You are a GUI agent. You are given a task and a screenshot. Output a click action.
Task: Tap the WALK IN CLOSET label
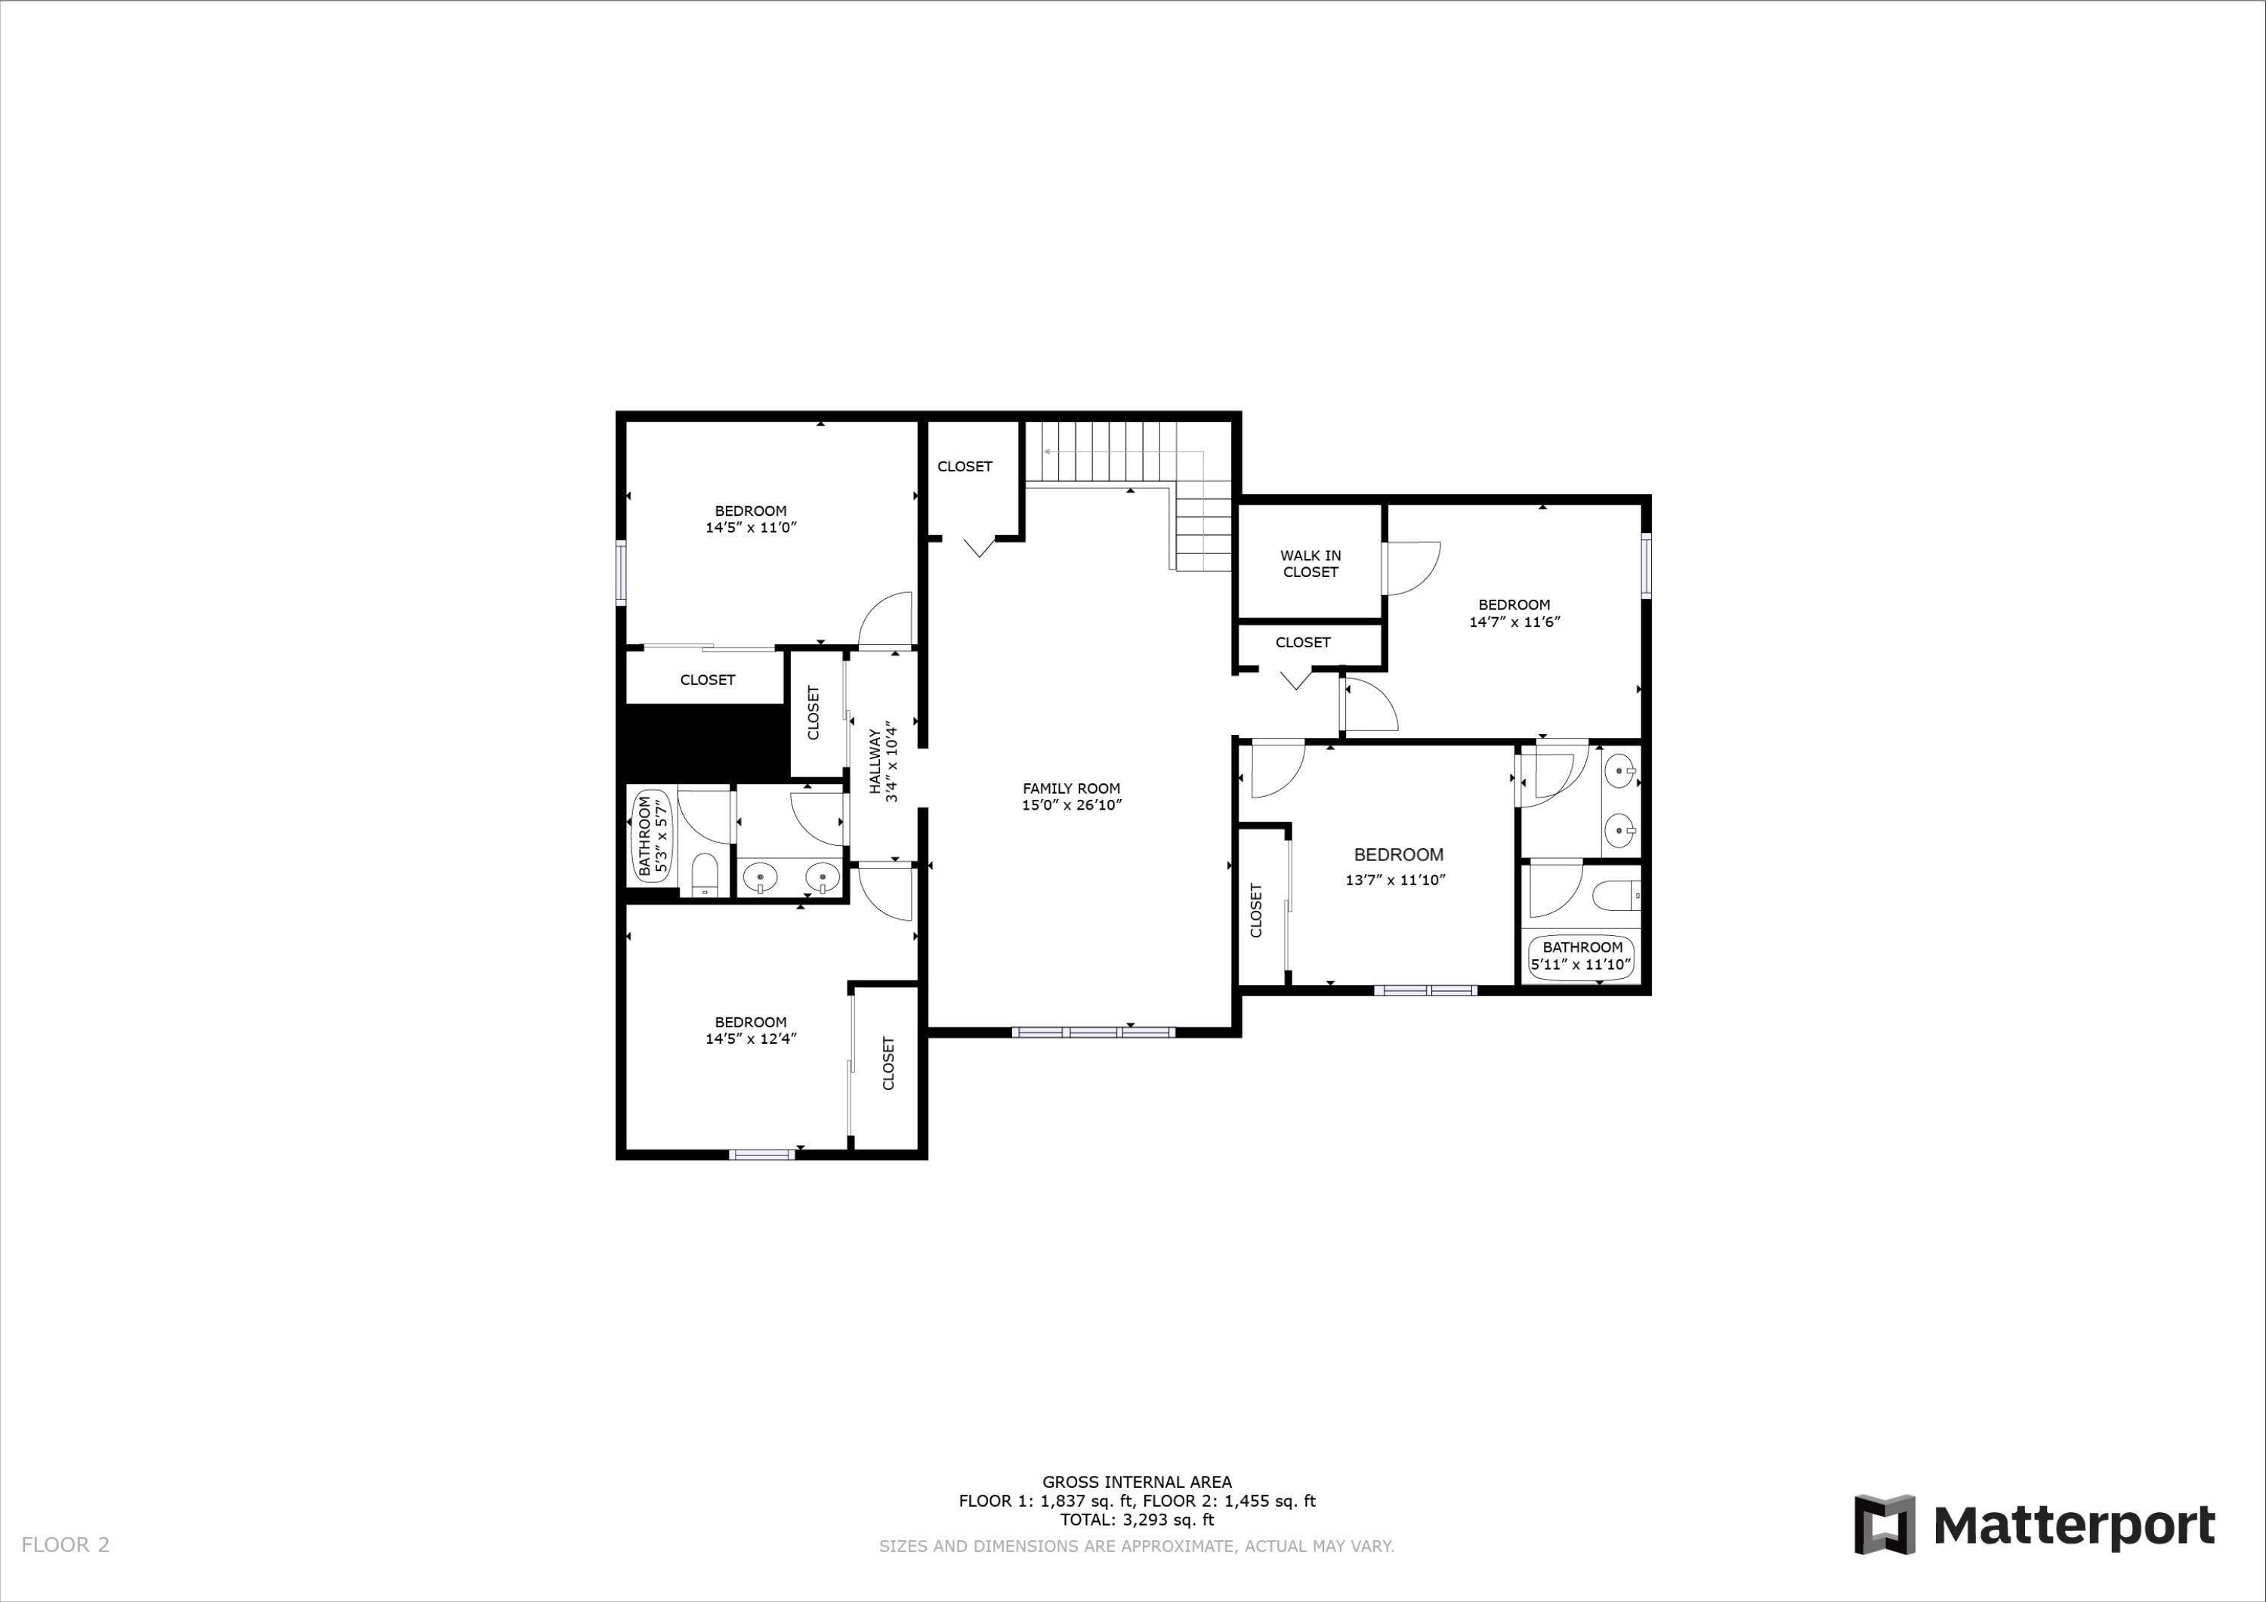tap(1310, 563)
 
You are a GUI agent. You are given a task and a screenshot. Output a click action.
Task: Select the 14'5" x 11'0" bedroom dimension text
tap(750, 528)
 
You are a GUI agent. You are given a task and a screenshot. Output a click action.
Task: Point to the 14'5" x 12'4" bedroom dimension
tap(750, 1039)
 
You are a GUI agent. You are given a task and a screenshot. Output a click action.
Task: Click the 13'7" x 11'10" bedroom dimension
tap(1396, 881)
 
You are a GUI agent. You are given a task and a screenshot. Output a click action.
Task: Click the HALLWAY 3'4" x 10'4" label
tap(882, 765)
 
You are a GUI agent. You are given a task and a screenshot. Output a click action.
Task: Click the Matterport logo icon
tap(1884, 1525)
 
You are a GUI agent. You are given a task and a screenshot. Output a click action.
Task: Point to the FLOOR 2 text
tap(65, 1545)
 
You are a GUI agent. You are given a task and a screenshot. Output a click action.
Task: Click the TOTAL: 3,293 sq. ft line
tap(1137, 1520)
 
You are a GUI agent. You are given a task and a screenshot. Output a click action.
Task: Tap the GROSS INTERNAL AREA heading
tap(1137, 1482)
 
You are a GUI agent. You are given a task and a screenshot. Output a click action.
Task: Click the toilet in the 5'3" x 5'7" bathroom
tap(705, 875)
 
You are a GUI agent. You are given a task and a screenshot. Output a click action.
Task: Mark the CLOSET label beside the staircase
tap(965, 467)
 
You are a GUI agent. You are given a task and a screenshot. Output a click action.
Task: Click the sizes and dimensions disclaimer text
tap(1137, 1547)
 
